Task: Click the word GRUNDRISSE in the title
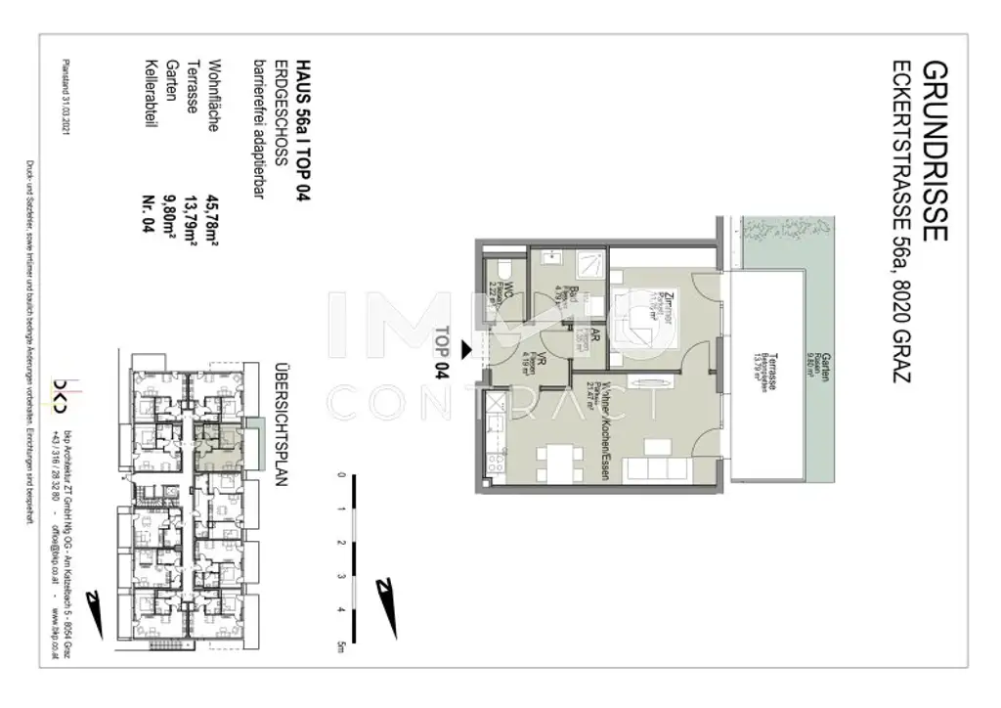tap(933, 151)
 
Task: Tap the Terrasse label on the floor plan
tap(773, 372)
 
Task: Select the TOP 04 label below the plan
tap(443, 351)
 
